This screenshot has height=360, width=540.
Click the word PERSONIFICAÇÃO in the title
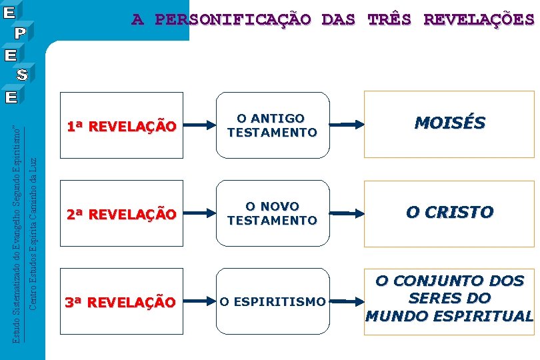pyautogui.click(x=232, y=19)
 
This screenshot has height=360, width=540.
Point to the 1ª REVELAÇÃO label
pyautogui.click(x=121, y=126)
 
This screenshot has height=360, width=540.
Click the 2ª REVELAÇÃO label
pyautogui.click(x=121, y=214)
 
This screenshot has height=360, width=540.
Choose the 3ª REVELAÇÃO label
pyautogui.click(x=121, y=302)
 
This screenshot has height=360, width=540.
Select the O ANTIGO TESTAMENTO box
pyautogui.click(x=271, y=125)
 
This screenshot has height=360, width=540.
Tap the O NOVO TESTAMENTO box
pyautogui.click(x=271, y=213)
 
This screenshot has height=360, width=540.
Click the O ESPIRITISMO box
pyautogui.click(x=272, y=302)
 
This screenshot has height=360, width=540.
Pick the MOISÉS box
pyautogui.click(x=449, y=123)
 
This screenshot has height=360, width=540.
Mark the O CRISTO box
pyautogui.click(x=449, y=213)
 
